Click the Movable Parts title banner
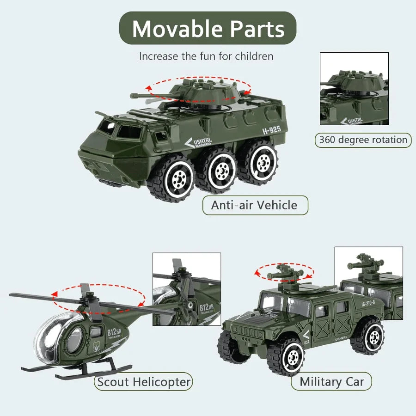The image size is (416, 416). point(208,28)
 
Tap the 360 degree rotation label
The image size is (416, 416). point(363,140)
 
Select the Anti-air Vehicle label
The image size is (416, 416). point(255,205)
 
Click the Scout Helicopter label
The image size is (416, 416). point(143,382)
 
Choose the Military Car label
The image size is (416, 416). point(331,382)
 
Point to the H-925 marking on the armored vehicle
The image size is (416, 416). point(271,130)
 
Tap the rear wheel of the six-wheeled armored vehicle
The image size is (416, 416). point(262,162)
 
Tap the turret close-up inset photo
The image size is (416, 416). point(354,88)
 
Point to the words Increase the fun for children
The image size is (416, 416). point(206,56)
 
